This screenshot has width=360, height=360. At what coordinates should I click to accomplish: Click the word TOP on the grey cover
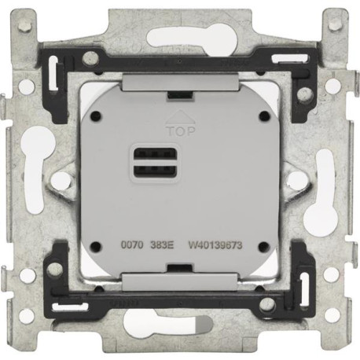click(182, 131)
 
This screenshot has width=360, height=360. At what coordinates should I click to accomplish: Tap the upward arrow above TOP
click(181, 117)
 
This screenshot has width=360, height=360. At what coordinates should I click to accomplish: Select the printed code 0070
click(132, 244)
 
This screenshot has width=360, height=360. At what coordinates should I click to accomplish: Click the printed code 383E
click(162, 245)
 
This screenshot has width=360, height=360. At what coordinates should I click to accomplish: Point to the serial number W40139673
click(215, 245)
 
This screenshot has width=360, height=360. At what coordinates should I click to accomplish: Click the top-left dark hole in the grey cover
click(96, 115)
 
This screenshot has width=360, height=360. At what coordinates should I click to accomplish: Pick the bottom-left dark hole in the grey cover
click(96, 246)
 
